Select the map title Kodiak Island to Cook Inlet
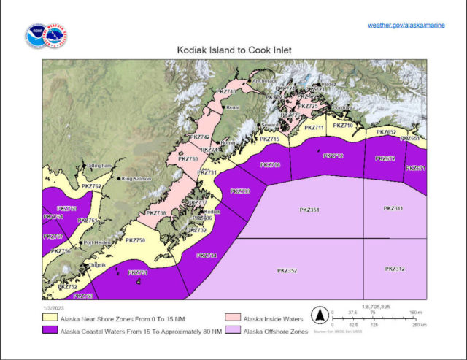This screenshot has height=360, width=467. pyautogui.click(x=233, y=52)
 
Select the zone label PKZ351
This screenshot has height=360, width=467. pyautogui.click(x=309, y=211)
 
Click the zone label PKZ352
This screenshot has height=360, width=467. pyautogui.click(x=287, y=271)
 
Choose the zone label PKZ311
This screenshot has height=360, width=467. pyautogui.click(x=393, y=209)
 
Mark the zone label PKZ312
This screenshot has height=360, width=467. pyautogui.click(x=394, y=269)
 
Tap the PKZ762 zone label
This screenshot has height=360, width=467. pyautogui.click(x=90, y=188)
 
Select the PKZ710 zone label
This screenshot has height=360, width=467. pyautogui.click(x=343, y=126)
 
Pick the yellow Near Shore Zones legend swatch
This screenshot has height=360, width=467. pyautogui.click(x=50, y=318)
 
